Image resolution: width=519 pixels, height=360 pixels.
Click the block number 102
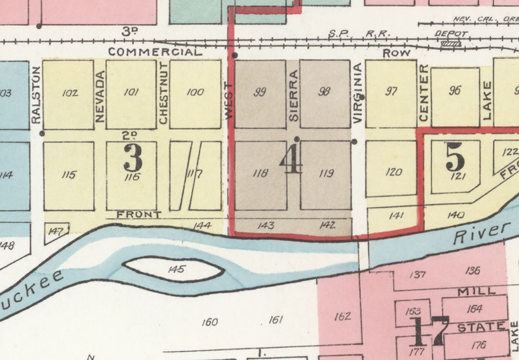click(69, 94)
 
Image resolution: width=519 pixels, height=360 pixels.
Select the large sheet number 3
click(133, 158)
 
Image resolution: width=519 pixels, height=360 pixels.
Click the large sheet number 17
click(428, 331)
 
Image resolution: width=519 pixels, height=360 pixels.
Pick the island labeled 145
click(176, 269)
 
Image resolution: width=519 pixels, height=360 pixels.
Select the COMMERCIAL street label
click(155, 52)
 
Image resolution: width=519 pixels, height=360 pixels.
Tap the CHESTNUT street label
click(163, 93)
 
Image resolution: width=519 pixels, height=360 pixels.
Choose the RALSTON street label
click(35, 95)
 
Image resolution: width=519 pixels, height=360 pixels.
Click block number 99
click(260, 93)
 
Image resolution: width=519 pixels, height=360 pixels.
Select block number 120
click(393, 172)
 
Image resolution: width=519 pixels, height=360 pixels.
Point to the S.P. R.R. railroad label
click(359, 34)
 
